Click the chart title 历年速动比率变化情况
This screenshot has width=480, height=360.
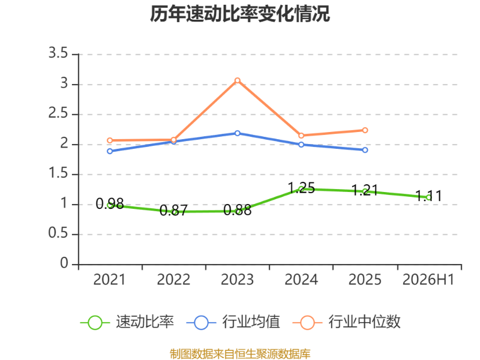coord(239,14)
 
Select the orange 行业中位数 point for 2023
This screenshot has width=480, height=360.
coord(237,80)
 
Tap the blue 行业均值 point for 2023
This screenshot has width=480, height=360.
coord(237,133)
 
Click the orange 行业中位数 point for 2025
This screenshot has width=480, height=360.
coord(365,130)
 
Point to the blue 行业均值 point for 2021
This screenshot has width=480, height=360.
coord(110,151)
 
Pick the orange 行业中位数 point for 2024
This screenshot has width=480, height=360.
coord(301,136)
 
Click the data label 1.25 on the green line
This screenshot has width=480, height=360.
coord(301,188)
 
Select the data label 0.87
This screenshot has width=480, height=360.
coord(173,211)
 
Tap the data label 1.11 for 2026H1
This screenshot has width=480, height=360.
coord(428,196)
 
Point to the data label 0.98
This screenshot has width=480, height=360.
coord(110,204)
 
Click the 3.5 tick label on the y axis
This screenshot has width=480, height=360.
coord(58,53)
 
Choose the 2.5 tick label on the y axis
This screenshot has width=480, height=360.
coord(58,113)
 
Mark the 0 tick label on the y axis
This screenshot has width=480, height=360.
coord(64,263)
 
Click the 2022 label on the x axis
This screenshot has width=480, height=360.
coord(173,280)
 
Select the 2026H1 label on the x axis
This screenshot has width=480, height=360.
coord(428,280)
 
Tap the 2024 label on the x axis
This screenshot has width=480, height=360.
coord(301,280)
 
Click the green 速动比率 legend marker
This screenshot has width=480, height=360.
coord(95,323)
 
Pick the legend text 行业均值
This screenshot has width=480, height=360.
coord(251,322)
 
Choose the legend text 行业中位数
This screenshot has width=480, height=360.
coord(364,322)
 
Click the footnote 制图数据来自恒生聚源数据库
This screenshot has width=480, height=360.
coord(240,354)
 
